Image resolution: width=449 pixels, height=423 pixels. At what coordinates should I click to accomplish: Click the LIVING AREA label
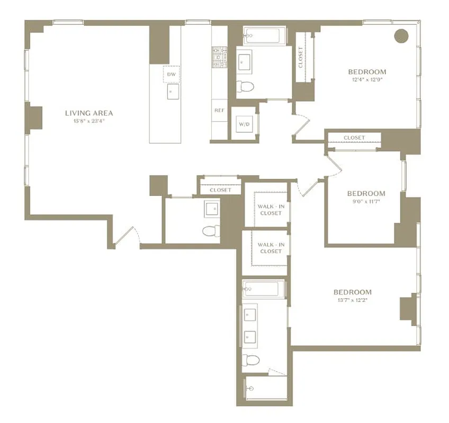89,113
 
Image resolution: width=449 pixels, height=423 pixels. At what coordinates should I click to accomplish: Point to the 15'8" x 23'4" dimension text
89,121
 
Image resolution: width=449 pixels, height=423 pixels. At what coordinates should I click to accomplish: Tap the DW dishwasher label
171,75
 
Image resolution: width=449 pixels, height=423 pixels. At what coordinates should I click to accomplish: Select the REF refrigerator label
219,111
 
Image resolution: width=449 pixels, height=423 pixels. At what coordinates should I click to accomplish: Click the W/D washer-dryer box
244,124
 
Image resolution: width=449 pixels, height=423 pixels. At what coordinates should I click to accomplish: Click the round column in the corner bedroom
402,35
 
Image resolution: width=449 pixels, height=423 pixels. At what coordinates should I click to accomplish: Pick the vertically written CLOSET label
301,58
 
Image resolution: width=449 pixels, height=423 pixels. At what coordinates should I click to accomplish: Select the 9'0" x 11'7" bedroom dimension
366,202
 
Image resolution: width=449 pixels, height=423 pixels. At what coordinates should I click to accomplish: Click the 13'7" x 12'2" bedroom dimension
352,300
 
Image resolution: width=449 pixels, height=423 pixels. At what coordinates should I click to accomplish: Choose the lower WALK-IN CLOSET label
271,248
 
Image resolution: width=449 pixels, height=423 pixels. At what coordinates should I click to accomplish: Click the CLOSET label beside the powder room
220,190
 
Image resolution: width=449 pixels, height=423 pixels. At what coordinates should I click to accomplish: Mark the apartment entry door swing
127,235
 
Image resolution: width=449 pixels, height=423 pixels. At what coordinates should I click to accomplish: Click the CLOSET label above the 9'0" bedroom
354,138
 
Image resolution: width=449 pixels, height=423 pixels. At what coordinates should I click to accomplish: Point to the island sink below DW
170,91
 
